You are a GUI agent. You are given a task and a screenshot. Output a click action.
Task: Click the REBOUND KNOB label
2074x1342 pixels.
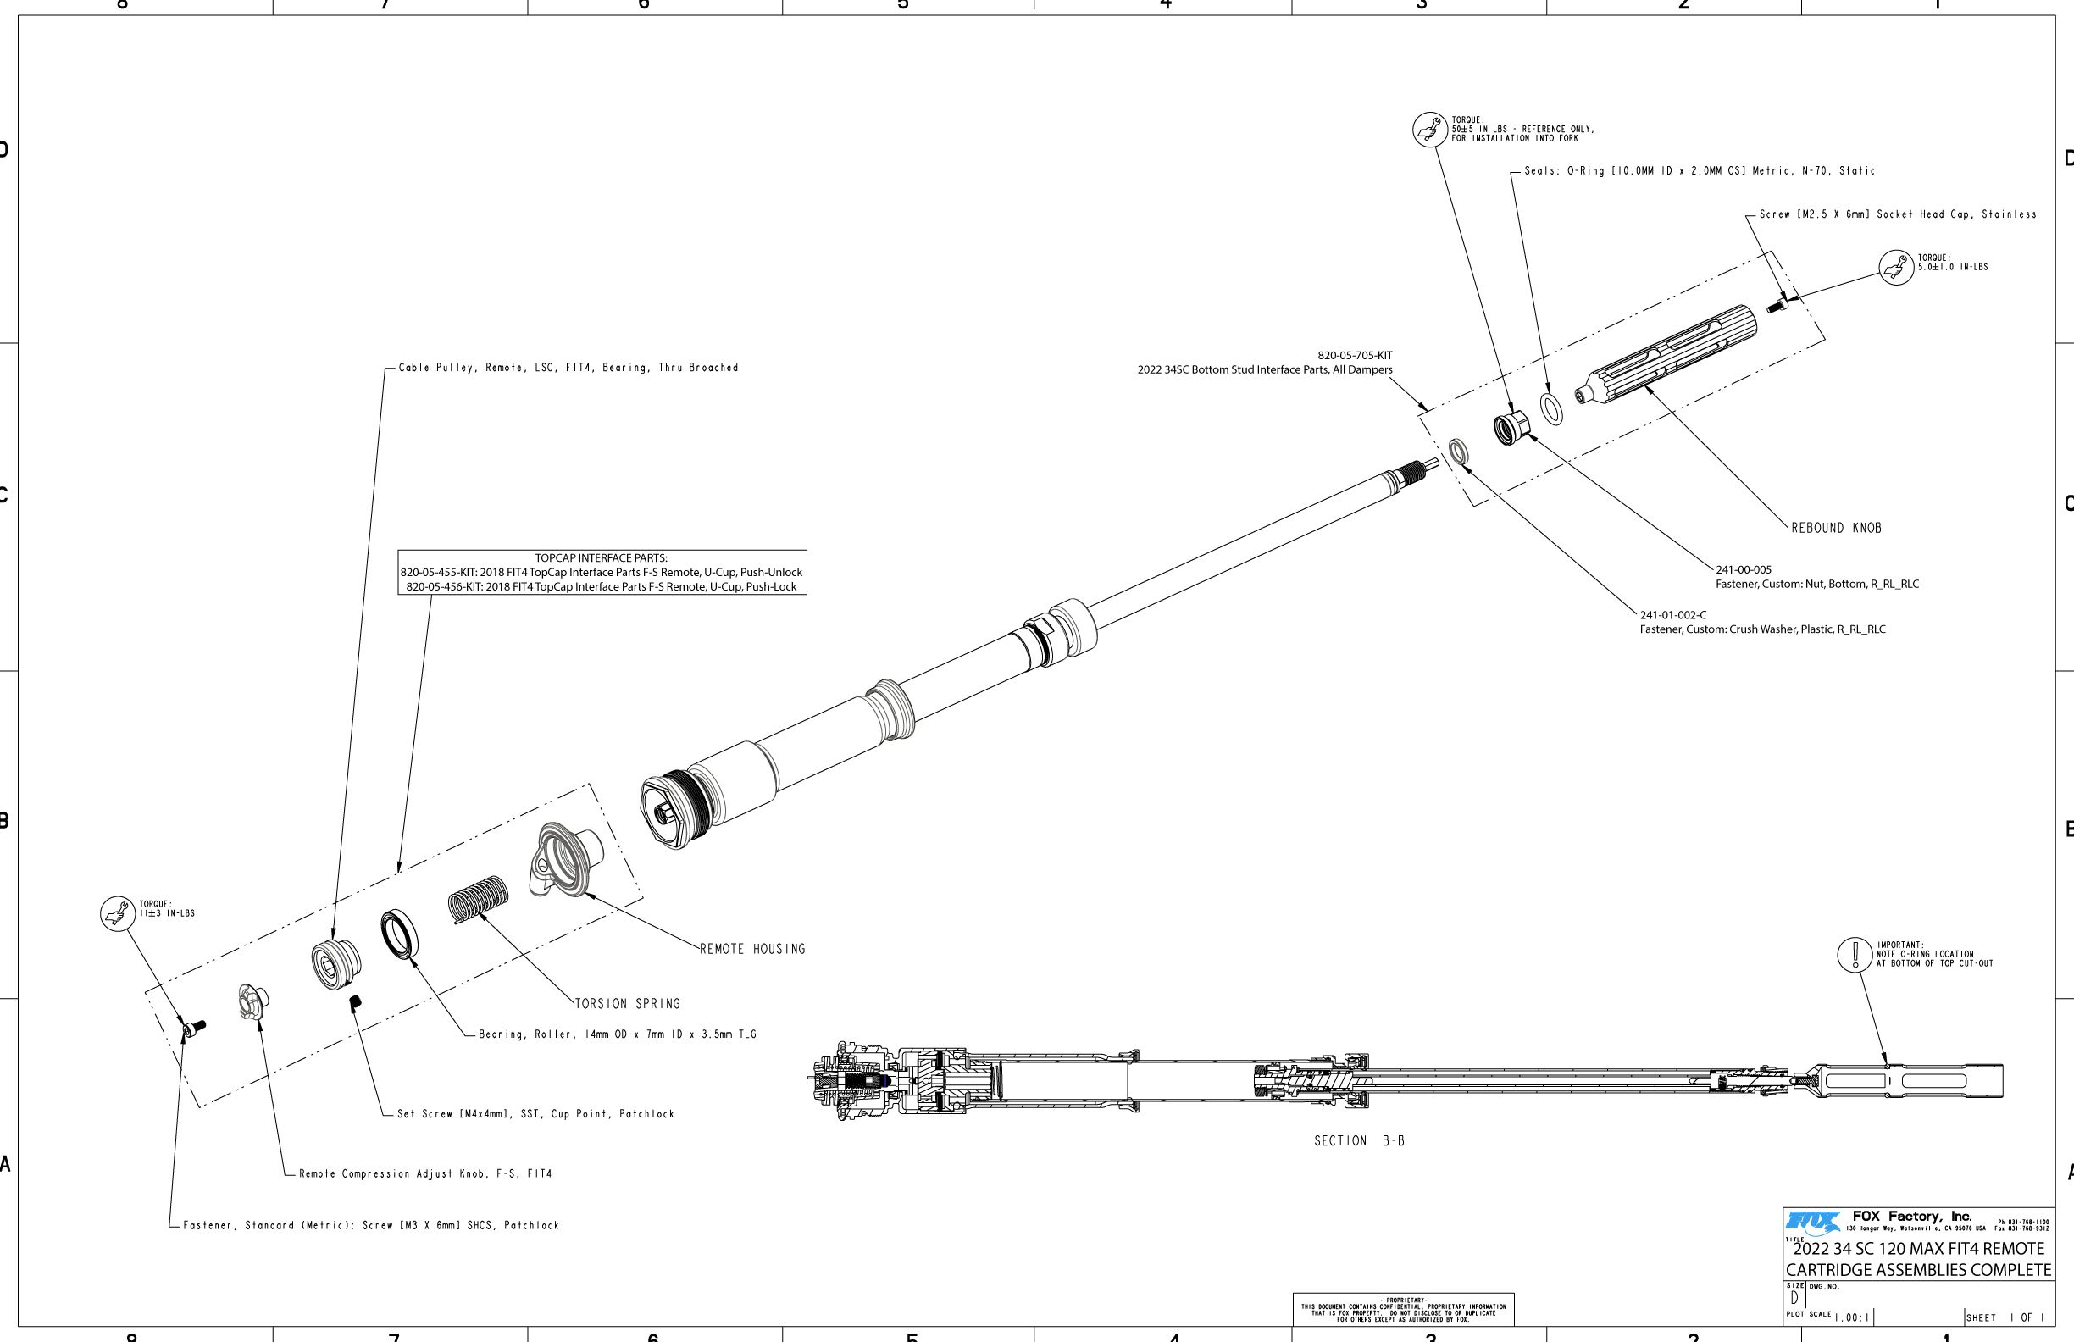1836,528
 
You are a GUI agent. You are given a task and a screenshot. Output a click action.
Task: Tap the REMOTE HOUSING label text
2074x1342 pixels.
753,949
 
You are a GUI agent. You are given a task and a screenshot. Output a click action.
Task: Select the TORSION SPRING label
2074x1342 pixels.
628,1004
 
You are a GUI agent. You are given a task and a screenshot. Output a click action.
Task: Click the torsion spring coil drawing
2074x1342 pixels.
478,899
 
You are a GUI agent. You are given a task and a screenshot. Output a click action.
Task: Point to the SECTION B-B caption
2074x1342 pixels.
1360,1140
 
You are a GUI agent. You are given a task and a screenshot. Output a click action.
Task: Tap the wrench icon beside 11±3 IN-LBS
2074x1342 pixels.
117,913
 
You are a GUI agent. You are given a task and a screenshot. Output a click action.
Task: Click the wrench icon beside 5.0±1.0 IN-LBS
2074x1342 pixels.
1895,267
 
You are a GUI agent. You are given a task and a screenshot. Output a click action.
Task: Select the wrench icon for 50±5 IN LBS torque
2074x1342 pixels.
1429,130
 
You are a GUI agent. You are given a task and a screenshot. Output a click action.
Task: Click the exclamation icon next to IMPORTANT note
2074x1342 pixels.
1855,954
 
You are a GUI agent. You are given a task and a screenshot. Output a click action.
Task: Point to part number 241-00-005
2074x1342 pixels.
1744,570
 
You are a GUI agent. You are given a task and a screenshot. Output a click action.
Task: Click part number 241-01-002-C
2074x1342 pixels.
1673,615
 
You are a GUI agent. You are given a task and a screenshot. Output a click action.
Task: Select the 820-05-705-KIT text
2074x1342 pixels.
1354,356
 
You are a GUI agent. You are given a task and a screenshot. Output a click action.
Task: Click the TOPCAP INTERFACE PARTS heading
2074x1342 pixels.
602,558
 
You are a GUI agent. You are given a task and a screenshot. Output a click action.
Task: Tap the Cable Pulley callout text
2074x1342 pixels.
568,368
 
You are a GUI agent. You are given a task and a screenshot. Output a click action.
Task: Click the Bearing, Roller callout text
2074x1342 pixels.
617,1034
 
